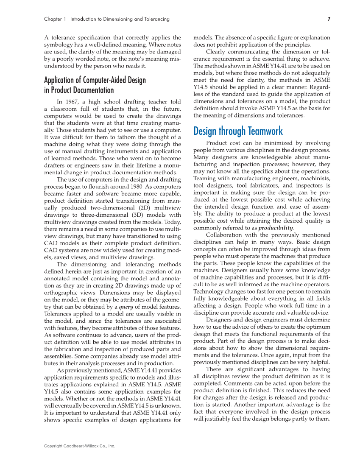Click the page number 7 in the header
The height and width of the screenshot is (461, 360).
(329, 19)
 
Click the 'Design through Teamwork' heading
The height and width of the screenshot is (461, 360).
(238, 131)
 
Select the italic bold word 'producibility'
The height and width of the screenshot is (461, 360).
(276, 228)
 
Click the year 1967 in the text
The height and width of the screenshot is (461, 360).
(78, 101)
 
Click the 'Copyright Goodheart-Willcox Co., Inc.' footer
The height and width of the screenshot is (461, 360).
(80, 446)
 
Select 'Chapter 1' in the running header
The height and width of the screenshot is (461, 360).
(55, 19)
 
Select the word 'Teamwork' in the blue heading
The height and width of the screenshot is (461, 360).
(263, 131)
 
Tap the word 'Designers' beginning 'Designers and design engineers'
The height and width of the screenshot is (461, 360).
(219, 320)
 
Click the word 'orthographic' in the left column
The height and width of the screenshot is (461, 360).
(61, 293)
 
